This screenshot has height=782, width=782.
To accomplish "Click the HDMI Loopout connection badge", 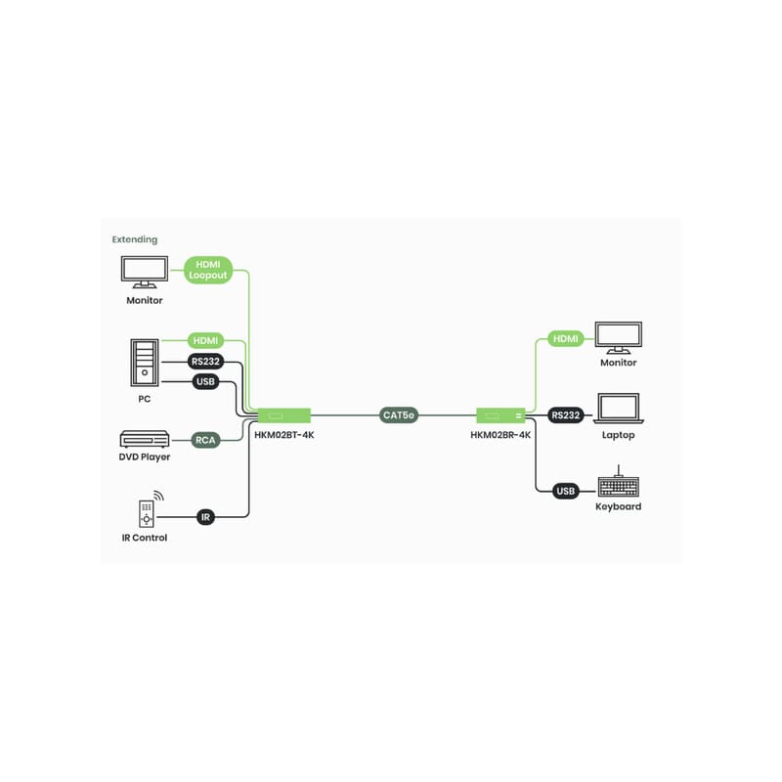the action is click(208, 270).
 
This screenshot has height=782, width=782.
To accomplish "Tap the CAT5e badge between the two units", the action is click(399, 414).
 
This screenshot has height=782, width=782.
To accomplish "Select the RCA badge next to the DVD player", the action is click(205, 440).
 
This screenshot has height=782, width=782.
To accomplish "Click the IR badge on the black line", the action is click(205, 517).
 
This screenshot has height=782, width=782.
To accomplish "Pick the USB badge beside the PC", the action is click(205, 381).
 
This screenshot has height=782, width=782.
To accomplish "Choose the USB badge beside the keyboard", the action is click(566, 491).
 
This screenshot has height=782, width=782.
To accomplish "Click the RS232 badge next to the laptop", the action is click(566, 414).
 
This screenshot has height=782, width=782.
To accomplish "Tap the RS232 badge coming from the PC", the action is click(205, 361).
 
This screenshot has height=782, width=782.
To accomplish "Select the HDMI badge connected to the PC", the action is click(205, 340).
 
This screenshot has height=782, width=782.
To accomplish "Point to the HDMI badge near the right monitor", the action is click(566, 338).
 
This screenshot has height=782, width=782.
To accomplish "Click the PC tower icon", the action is click(145, 363).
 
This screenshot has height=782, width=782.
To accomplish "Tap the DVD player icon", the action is click(145, 439).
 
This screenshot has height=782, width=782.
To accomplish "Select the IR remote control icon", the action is click(148, 509).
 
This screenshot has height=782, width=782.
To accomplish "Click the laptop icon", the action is click(619, 409).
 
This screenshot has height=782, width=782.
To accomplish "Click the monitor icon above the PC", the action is click(145, 273).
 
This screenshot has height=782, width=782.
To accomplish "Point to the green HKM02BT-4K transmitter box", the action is click(284, 415).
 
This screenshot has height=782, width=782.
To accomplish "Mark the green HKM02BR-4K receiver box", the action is click(500, 415).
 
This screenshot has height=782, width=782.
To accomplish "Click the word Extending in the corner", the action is click(135, 239).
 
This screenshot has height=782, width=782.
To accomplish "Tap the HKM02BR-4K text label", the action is click(500, 435).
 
